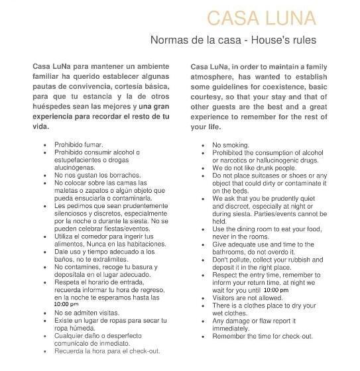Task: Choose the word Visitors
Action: (x=226, y=297)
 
